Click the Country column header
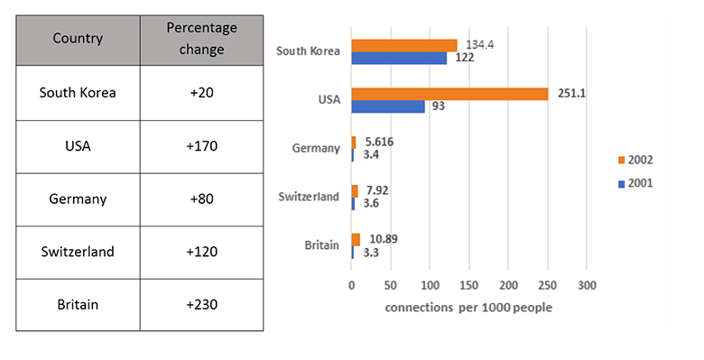pyautogui.click(x=78, y=39)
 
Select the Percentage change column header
pyautogui.click(x=202, y=40)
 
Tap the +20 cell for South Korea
pyautogui.click(x=202, y=93)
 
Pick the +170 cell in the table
pyautogui.click(x=202, y=145)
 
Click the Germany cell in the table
pyautogui.click(x=78, y=198)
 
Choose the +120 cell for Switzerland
pyautogui.click(x=202, y=252)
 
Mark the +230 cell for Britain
pyautogui.click(x=202, y=304)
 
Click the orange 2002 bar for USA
pyautogui.click(x=449, y=94)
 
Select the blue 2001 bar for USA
pyautogui.click(x=388, y=106)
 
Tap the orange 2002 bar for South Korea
pyautogui.click(x=404, y=45)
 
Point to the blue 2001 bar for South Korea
pyautogui.click(x=399, y=58)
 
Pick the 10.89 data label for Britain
pyautogui.click(x=383, y=239)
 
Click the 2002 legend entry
pyautogui.click(x=635, y=160)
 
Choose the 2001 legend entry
pyautogui.click(x=635, y=182)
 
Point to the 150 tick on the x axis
pyautogui.click(x=468, y=286)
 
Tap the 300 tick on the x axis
pyautogui.click(x=587, y=286)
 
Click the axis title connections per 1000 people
pyautogui.click(x=468, y=307)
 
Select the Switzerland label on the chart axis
pyautogui.click(x=308, y=197)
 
